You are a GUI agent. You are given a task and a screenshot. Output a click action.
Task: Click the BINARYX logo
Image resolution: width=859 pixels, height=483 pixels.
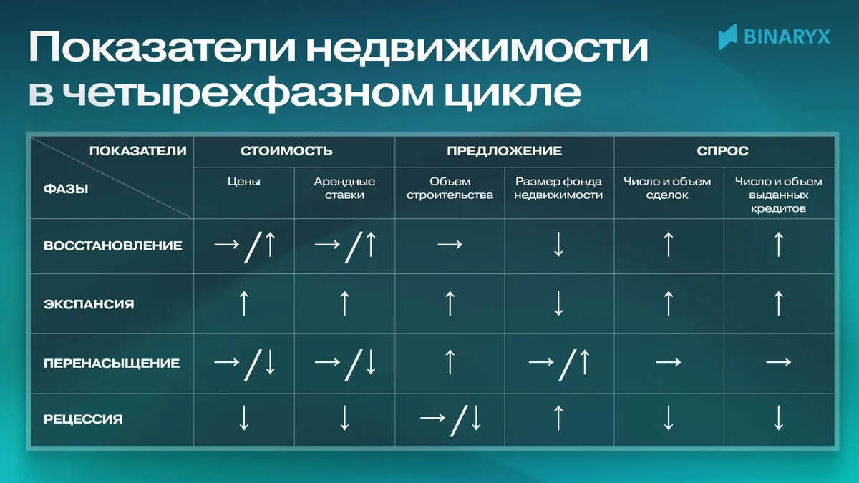coord(775,35)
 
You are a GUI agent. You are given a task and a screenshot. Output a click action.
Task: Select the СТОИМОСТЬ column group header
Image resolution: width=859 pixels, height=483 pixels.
coord(286,151)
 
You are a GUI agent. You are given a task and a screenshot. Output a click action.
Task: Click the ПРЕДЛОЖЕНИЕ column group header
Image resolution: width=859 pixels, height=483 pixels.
coord(504,151)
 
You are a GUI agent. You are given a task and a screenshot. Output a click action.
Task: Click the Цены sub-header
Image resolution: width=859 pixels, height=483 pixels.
coord(243,182)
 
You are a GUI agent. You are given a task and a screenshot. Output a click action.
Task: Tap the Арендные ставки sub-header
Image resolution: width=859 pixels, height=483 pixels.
coord(344,188)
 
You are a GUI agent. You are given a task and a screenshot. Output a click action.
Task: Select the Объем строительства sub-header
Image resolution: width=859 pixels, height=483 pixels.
coord(450,188)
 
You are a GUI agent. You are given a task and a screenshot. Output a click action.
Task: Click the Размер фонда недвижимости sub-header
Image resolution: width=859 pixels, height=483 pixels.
coord(558,188)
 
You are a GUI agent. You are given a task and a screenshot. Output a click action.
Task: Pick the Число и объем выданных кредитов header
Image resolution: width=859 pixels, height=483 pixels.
coord(779,195)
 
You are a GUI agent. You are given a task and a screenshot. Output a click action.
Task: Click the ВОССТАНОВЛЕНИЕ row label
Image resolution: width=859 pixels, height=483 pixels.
coord(112,245)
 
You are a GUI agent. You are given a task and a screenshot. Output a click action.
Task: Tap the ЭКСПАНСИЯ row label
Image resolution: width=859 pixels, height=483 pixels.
coord(89,304)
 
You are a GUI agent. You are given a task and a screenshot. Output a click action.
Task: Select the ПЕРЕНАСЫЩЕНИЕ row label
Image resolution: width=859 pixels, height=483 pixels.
coord(111,363)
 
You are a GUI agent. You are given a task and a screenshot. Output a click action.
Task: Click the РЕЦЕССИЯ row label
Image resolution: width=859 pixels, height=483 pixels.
coord(82,419)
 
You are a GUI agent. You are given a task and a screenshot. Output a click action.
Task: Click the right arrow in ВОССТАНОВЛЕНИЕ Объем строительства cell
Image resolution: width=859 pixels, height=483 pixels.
coord(450,245)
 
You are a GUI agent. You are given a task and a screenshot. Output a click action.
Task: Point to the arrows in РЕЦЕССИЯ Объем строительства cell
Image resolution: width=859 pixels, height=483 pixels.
coord(450,419)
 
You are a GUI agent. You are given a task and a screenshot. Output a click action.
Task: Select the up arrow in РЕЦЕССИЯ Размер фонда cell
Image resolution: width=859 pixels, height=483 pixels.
coord(559,418)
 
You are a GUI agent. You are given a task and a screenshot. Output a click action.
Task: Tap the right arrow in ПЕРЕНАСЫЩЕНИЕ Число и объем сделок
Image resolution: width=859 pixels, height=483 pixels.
coord(668,363)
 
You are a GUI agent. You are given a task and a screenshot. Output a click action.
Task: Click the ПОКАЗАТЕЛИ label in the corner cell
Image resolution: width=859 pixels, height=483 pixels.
coord(137,151)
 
